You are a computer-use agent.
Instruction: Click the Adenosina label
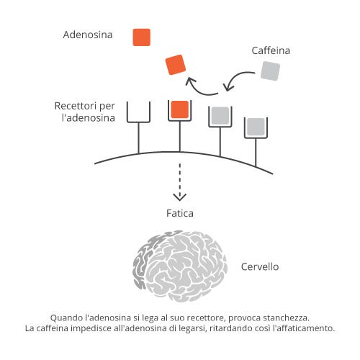[x=88, y=35]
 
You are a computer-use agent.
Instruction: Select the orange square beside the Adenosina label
[x=142, y=37]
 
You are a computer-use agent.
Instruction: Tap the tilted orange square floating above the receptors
[x=176, y=65]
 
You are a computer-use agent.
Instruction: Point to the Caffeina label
[x=271, y=50]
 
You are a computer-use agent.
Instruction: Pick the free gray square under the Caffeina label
[x=270, y=71]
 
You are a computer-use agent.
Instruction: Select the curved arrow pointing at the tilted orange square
[x=199, y=87]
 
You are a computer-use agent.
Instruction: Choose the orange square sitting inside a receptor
[x=180, y=109]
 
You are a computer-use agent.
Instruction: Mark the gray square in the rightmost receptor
[x=256, y=127]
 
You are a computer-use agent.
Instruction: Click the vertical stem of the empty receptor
[x=138, y=138]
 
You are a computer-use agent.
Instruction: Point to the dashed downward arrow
[x=180, y=182]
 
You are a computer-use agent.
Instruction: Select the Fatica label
[x=180, y=213]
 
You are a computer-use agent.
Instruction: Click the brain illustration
[x=180, y=266]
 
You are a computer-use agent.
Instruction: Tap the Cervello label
[x=260, y=266]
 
